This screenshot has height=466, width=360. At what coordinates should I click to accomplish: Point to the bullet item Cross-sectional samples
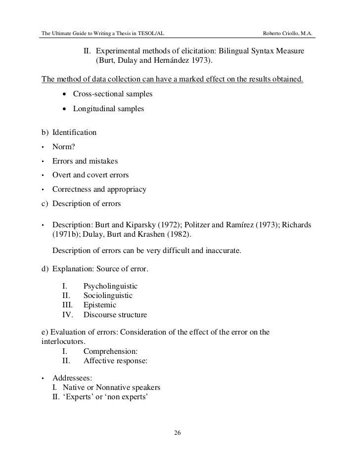click(113, 93)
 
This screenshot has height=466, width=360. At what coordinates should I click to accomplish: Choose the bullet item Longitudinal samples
click(108, 109)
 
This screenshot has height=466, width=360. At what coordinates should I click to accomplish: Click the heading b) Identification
click(68, 132)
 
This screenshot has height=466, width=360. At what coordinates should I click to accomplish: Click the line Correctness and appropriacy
click(99, 189)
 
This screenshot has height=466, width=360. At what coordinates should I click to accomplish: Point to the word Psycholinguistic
click(110, 286)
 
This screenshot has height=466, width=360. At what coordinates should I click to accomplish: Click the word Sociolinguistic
click(108, 296)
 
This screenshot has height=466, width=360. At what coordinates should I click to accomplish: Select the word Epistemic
click(100, 305)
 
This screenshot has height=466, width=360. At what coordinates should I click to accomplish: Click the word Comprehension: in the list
click(110, 351)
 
